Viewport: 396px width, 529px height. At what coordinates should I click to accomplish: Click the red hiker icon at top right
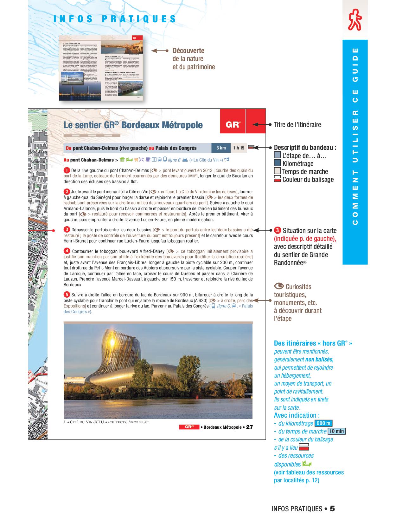[355, 20]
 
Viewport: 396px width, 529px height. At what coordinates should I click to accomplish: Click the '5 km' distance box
[221, 148]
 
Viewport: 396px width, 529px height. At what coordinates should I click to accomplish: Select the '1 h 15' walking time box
[239, 148]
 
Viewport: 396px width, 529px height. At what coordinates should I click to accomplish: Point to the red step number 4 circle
[67, 251]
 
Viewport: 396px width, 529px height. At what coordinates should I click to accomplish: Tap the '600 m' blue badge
[323, 423]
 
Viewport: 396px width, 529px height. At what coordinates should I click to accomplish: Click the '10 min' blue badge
[336, 431]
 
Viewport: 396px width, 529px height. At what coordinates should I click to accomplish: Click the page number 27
[250, 427]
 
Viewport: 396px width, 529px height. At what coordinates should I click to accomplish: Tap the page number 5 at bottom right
[332, 509]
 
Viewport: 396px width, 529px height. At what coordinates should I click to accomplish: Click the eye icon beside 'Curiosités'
[279, 286]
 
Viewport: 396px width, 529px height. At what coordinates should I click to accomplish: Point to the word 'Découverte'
[188, 51]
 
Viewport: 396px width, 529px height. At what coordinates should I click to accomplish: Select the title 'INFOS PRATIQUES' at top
[115, 19]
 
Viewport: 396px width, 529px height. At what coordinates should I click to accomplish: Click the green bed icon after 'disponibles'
[307, 464]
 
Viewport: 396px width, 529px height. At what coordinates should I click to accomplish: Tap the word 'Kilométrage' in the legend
[298, 164]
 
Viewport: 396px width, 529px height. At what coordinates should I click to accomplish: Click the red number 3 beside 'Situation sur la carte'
[278, 230]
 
